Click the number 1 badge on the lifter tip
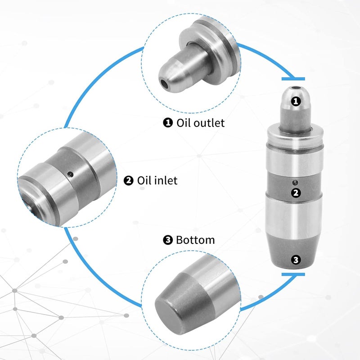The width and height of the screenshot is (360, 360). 296,101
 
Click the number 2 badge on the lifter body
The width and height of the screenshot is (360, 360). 296,193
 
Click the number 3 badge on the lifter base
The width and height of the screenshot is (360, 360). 296,260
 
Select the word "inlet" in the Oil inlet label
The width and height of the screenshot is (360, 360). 165,180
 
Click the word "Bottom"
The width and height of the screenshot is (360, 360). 195,240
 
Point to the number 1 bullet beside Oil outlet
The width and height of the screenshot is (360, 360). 168,122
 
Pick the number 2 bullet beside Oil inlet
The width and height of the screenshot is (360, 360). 129,180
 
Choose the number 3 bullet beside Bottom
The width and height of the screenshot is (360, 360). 168,240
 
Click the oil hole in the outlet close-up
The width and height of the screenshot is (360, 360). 165,84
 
